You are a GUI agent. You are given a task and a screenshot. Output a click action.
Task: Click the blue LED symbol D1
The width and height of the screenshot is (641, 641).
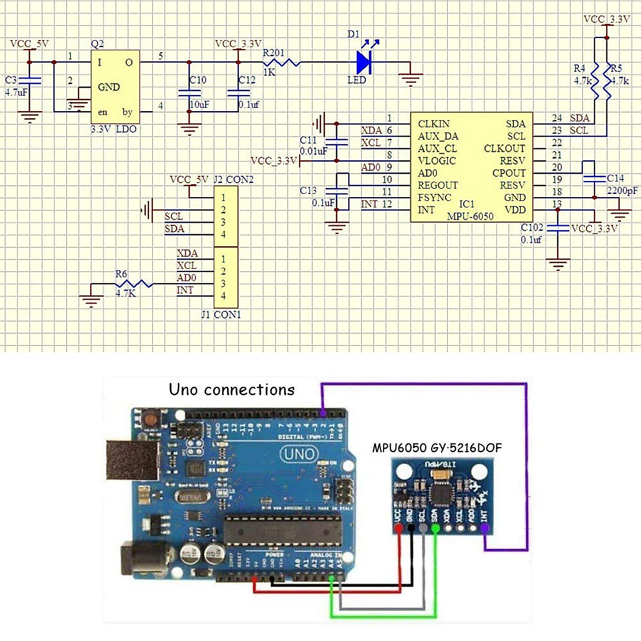coord(365,62)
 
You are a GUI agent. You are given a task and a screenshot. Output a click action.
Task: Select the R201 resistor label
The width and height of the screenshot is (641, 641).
coord(273,52)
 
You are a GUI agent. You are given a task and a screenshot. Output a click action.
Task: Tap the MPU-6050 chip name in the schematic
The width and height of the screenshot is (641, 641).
coord(470,216)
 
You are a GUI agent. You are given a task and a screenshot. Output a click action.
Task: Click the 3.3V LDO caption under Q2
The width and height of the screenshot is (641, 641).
coord(113,129)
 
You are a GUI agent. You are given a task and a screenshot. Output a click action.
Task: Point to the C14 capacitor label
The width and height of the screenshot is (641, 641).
coord(615,178)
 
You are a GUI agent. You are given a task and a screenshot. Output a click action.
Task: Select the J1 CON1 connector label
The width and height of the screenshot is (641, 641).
coord(221,315)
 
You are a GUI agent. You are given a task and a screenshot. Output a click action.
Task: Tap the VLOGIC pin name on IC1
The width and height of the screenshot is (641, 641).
coord(437,161)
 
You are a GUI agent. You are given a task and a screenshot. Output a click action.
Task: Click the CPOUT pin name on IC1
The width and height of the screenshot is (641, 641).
coord(509,173)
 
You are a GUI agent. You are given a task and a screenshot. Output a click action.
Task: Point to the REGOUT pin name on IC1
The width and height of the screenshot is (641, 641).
coord(438,185)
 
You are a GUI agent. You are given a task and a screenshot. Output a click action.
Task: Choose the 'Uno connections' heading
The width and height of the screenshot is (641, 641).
coord(232,389)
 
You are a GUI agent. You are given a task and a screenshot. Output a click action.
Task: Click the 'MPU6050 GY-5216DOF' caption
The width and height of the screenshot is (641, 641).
coord(437,448)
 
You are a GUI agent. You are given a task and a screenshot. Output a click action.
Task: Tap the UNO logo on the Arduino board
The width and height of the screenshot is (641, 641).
coord(299,455)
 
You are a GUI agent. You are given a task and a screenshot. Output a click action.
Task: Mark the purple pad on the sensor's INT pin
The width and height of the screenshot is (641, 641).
coord(484,528)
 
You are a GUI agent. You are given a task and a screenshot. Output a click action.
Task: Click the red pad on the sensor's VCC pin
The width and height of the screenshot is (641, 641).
coord(398,528)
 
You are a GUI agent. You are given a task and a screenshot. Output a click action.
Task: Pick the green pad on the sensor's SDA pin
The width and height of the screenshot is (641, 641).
coord(435,528)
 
